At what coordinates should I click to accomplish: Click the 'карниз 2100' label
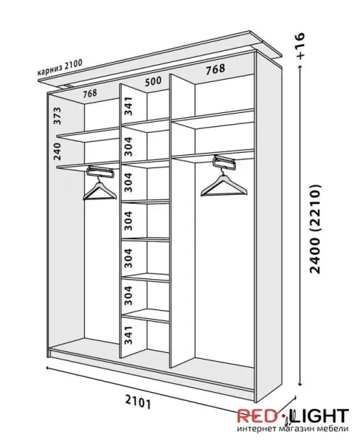click(60, 67)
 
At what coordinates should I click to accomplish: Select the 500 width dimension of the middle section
click(153, 81)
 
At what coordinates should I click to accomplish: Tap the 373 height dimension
click(58, 116)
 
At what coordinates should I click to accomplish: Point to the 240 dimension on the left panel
click(58, 151)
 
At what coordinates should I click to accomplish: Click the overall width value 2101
click(137, 402)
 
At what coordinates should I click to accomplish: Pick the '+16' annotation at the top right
click(301, 46)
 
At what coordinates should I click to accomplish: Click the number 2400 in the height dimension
click(315, 255)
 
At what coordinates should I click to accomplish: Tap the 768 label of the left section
click(90, 94)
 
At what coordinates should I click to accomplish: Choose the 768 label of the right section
click(215, 69)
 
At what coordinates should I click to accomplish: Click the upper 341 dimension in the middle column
click(128, 106)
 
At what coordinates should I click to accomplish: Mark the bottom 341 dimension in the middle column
click(128, 334)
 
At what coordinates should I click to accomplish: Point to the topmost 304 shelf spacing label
click(128, 146)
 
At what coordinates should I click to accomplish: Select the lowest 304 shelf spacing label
click(128, 295)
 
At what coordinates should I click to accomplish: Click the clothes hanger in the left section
click(100, 188)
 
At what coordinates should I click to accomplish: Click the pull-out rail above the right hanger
click(224, 162)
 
